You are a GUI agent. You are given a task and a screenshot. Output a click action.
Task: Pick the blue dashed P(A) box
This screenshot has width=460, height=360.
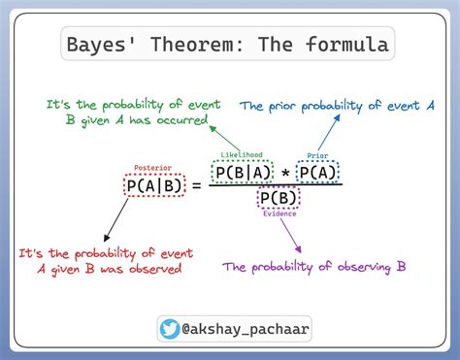[x=318, y=172]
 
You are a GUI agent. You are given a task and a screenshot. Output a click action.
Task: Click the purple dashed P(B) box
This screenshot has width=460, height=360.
[x=278, y=199]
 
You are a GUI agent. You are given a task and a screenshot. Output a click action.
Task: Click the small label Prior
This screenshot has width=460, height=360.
[x=317, y=155]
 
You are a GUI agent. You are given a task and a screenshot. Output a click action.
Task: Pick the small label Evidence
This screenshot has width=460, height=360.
[x=278, y=214]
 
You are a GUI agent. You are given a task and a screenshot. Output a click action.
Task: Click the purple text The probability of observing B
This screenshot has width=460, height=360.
[x=313, y=265]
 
